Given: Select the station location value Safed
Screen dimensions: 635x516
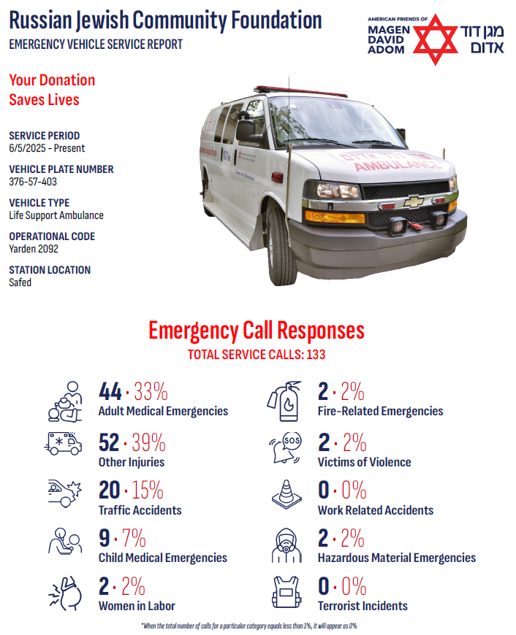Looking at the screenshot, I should click(20, 282).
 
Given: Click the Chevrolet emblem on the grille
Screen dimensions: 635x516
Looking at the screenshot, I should click(413, 201).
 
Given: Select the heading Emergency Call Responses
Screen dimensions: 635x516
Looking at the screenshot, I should click(256, 331).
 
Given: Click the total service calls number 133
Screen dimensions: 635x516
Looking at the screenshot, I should click(316, 355).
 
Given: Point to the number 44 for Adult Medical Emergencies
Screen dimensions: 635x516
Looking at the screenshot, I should click(110, 392).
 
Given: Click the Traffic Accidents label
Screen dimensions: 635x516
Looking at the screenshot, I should click(140, 510).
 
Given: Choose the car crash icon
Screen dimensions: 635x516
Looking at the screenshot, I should click(63, 494).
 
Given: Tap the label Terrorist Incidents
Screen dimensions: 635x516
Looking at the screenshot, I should click(363, 606).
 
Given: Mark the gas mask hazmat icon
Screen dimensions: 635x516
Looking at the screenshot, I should click(285, 543).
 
